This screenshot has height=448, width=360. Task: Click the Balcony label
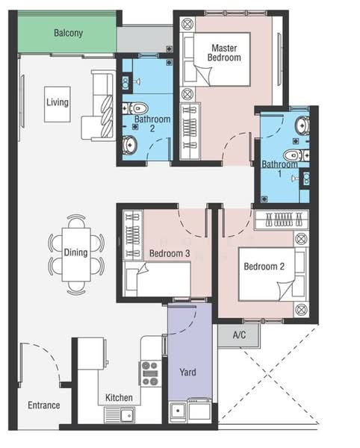(68, 33)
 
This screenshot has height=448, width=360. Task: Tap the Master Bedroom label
(224, 52)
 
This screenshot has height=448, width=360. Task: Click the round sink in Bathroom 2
(130, 145)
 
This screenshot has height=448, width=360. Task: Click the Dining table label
(75, 252)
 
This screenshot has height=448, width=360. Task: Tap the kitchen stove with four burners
(150, 374)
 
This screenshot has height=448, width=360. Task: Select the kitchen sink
(120, 415)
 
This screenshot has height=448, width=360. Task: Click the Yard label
(187, 373)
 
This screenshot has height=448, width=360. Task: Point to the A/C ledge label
(239, 335)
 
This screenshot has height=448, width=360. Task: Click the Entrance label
(44, 405)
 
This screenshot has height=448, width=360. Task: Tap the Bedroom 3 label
(170, 253)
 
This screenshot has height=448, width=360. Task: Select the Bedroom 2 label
(264, 267)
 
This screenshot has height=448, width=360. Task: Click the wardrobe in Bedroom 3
(133, 235)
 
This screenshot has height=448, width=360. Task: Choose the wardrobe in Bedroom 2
(282, 220)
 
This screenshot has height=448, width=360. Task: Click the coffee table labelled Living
(58, 105)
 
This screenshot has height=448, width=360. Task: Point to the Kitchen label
(119, 398)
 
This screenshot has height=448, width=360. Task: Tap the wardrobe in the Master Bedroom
(190, 131)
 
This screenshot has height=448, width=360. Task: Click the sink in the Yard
(178, 411)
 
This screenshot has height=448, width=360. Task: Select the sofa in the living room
(99, 106)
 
